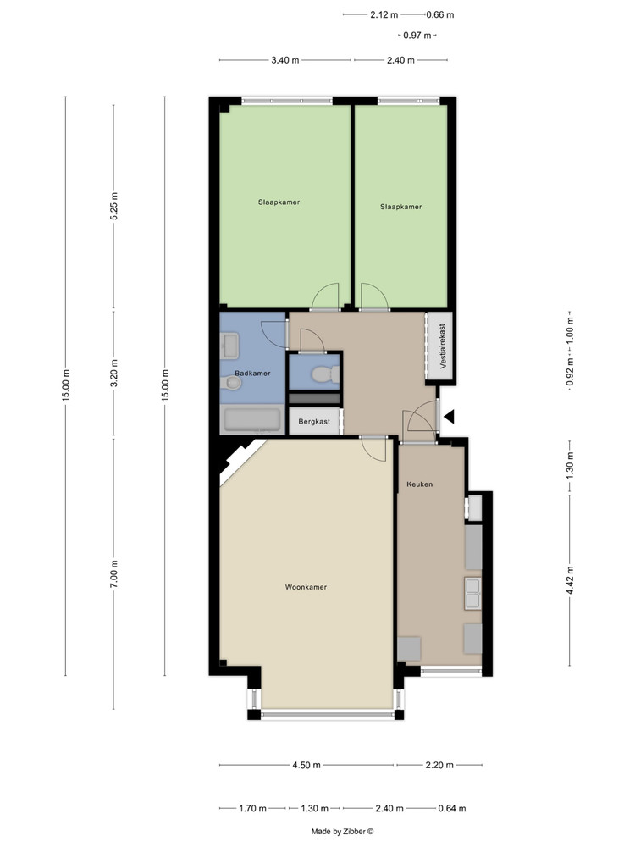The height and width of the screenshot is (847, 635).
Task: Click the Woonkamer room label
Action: (x=306, y=587)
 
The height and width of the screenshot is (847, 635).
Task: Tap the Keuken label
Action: (x=420, y=484)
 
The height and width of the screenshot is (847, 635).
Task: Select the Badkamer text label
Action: (x=252, y=374)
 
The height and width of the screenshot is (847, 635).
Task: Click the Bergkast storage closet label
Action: (x=314, y=421)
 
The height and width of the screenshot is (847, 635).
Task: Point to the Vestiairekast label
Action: (x=443, y=346)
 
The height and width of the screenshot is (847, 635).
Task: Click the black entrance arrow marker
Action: (x=449, y=417)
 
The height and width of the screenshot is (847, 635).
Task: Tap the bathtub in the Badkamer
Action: (x=252, y=420)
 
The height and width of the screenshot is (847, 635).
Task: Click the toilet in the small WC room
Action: (x=326, y=374)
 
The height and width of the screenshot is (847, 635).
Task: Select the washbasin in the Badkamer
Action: (x=229, y=346)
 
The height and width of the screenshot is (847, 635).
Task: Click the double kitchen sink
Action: (x=473, y=593)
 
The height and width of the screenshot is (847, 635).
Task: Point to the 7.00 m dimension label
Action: (x=114, y=573)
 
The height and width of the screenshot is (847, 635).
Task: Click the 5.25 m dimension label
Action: (x=114, y=206)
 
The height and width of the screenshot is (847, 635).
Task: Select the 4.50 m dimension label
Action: (x=306, y=765)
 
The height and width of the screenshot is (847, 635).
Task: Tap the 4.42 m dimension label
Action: (x=569, y=579)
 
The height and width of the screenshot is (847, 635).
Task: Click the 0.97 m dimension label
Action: (x=417, y=36)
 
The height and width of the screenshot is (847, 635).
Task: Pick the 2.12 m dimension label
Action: (x=384, y=14)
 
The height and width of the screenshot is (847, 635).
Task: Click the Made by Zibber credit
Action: (x=342, y=832)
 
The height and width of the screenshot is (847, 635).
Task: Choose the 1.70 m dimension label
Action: (x=252, y=809)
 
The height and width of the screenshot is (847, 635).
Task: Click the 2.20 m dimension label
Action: (x=439, y=765)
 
